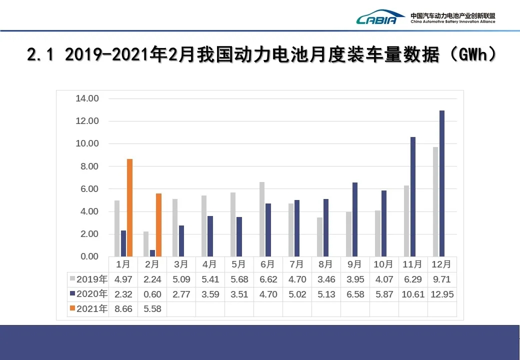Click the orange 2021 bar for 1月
[x=130, y=208]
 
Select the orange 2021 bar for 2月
[x=158, y=225]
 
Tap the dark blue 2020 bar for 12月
[x=442, y=183]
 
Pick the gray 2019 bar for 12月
[x=435, y=201]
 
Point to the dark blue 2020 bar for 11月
[x=413, y=197]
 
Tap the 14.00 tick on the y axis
[x=87, y=98]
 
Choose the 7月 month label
[x=297, y=264]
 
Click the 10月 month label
[x=383, y=264]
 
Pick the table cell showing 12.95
[x=442, y=294]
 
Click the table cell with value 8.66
[x=123, y=309]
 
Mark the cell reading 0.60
[x=152, y=294]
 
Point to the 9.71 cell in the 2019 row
[x=442, y=279]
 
